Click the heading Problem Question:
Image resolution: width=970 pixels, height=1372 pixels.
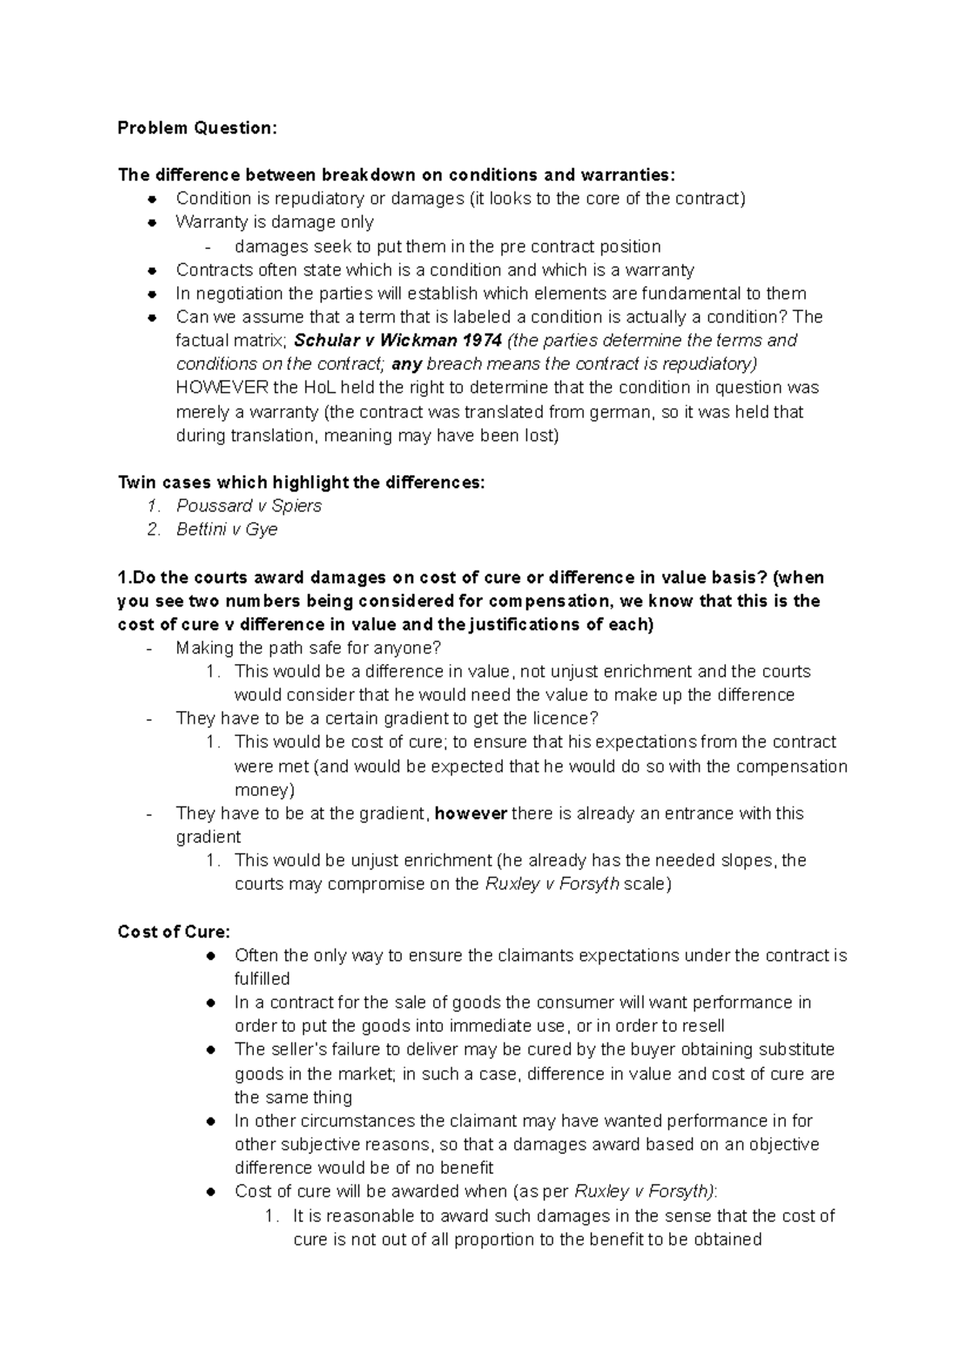196,128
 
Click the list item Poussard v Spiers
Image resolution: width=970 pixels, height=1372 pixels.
249,506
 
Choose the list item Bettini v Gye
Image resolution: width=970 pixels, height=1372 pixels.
227,529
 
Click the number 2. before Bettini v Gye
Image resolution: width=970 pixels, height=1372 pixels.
154,529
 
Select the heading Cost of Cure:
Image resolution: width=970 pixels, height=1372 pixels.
174,932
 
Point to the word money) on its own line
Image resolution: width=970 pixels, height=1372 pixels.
264,789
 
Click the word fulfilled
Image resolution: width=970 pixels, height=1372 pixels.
262,978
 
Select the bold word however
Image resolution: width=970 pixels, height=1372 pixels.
470,813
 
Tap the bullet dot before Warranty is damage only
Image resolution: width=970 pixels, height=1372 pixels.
151,222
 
